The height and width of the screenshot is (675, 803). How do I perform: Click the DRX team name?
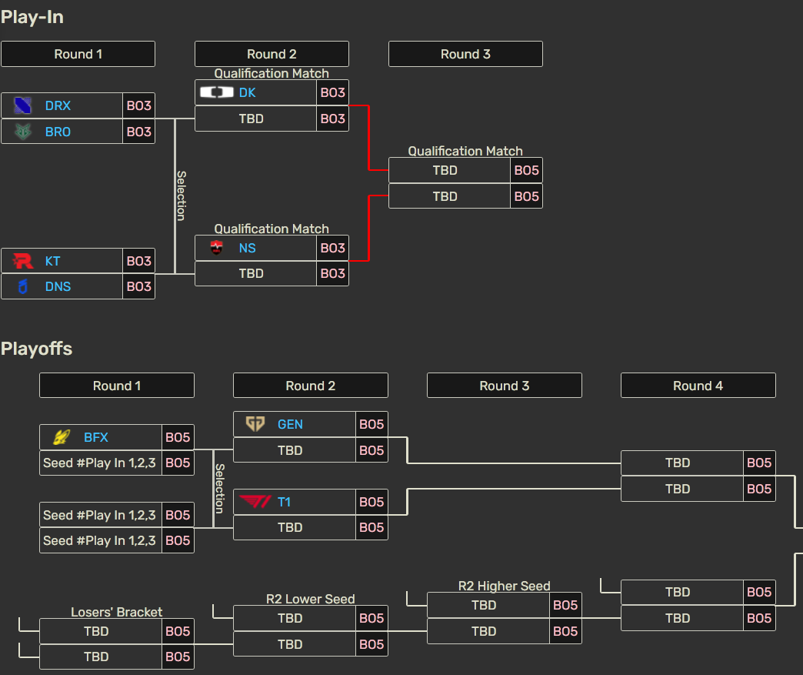pyautogui.click(x=58, y=105)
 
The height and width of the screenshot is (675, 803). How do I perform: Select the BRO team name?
pyautogui.click(x=58, y=132)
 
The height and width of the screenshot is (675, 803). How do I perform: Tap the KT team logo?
pyautogui.click(x=24, y=261)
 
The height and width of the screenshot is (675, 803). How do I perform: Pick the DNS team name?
pyautogui.click(x=58, y=286)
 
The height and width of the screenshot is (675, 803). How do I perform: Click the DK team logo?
pyautogui.click(x=216, y=92)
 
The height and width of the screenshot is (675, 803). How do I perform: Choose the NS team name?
pyautogui.click(x=247, y=248)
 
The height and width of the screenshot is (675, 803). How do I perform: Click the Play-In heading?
pyautogui.click(x=32, y=17)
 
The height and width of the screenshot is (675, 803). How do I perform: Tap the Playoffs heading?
pyautogui.click(x=37, y=349)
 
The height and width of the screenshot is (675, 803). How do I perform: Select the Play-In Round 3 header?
pyautogui.click(x=465, y=54)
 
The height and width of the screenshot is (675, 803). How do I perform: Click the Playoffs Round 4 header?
pyautogui.click(x=698, y=386)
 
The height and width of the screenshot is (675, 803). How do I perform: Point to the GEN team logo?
pyautogui.click(x=255, y=424)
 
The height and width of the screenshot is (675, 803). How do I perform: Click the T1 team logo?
pyautogui.click(x=255, y=502)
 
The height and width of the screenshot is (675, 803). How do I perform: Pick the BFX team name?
pyautogui.click(x=96, y=437)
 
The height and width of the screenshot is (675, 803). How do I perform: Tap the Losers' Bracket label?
pyautogui.click(x=117, y=612)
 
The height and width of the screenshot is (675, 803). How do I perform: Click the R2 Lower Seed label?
pyautogui.click(x=311, y=599)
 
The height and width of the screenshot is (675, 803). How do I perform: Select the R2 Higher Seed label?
pyautogui.click(x=505, y=586)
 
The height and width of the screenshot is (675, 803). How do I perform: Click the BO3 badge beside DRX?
pyautogui.click(x=138, y=105)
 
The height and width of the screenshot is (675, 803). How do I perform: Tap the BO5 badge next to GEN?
pyautogui.click(x=372, y=424)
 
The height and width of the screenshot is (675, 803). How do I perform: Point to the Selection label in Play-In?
pyautogui.click(x=182, y=195)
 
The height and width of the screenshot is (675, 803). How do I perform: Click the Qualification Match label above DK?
pyautogui.click(x=272, y=74)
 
